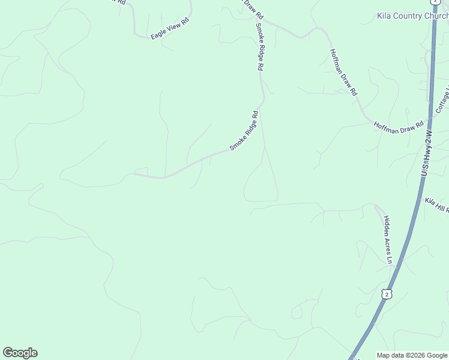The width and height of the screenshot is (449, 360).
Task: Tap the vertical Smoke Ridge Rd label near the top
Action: pos(260,47)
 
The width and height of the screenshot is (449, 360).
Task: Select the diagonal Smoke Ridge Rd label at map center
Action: pos(244,131)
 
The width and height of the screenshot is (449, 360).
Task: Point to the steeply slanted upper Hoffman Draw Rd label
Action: pos(344,72)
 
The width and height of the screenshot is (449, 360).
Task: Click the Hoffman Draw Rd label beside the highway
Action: pos(399,127)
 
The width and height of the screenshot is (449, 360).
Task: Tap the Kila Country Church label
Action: pos(412,16)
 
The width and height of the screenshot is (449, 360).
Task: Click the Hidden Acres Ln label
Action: pos(388,240)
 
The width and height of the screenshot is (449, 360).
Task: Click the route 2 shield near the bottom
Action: pos(387,293)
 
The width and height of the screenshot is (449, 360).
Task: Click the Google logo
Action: pos(20,353)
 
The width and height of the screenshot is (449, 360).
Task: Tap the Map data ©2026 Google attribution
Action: pos(412,355)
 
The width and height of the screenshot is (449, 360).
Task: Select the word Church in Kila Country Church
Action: pos(436,16)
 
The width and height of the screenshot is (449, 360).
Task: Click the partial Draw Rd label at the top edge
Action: pos(252,8)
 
